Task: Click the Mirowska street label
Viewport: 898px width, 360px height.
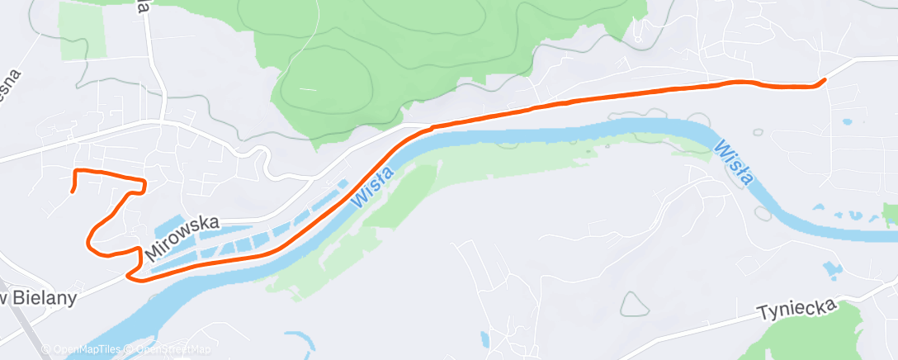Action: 183,237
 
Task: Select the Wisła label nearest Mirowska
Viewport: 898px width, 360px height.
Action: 371,185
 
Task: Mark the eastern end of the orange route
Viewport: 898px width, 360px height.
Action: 824,80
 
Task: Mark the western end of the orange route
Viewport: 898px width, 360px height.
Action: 72,192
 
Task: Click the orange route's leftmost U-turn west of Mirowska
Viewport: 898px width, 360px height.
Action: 88,240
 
